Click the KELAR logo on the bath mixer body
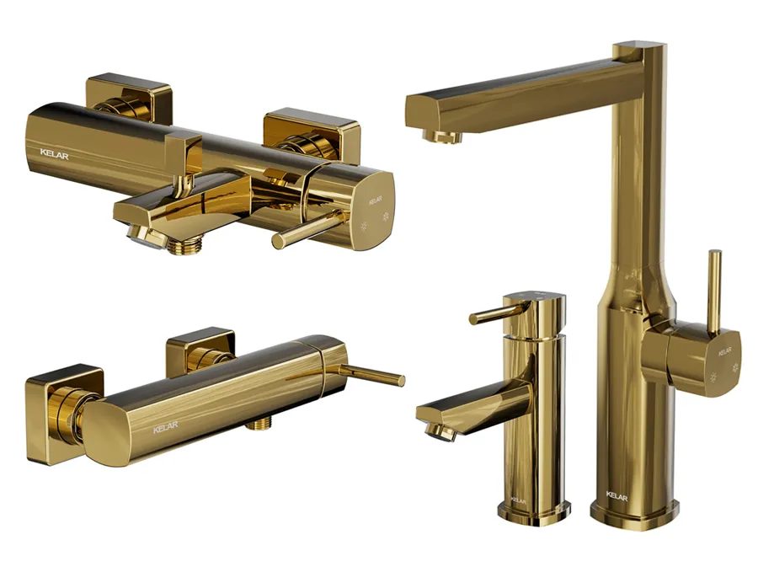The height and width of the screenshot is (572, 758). pyautogui.click(x=54, y=155)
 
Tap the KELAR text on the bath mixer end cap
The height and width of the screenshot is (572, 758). pyautogui.click(x=376, y=200)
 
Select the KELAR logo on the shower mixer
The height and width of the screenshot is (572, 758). pyautogui.click(x=165, y=427)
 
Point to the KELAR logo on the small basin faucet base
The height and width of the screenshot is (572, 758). pyautogui.click(x=518, y=500)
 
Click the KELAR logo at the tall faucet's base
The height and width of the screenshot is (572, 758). pyautogui.click(x=617, y=495)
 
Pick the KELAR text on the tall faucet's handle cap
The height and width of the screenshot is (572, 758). pyautogui.click(x=724, y=351)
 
